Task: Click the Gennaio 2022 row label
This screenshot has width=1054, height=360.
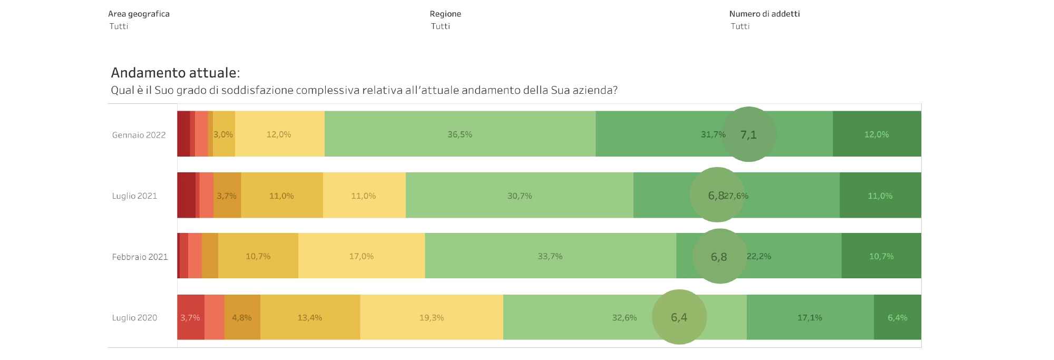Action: point(139,135)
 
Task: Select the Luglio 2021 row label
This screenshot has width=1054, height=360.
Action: point(134,196)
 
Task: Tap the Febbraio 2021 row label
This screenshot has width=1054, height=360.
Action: point(140,257)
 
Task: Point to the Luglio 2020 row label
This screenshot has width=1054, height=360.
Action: point(134,318)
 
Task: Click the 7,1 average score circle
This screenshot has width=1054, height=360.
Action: point(748,134)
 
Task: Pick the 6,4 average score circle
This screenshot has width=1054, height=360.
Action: point(679,317)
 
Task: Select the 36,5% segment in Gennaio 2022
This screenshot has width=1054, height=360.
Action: point(460,134)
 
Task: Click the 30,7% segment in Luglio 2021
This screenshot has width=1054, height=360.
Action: point(519,196)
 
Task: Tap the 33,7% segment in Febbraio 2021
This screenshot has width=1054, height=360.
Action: point(550,256)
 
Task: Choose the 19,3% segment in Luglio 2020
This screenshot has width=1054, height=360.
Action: point(431,317)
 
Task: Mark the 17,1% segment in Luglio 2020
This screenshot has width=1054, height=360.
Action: point(809,317)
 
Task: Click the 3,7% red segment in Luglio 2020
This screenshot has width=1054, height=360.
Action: point(190,317)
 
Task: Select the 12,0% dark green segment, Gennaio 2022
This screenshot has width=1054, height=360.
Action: point(876,134)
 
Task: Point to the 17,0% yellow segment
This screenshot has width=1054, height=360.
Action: point(361,256)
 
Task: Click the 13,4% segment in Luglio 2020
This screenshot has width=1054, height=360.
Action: point(309,317)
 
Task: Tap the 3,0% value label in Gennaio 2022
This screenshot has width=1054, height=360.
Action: point(223,134)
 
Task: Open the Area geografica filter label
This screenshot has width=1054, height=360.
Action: point(139,14)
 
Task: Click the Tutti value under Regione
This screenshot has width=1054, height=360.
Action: point(440,26)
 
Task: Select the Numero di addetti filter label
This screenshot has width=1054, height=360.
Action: point(764,14)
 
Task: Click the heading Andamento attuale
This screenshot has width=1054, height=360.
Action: point(175,73)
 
